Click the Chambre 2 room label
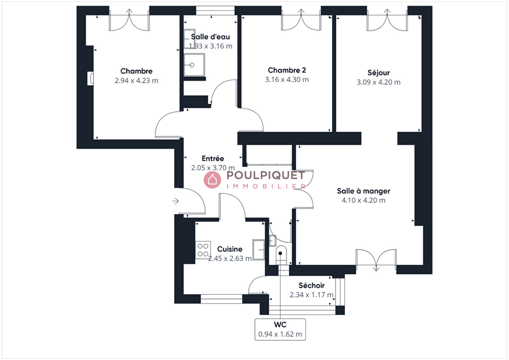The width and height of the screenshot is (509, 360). [x=287, y=70]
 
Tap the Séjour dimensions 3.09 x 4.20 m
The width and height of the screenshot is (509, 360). [x=378, y=82]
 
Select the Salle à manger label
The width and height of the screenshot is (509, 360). [x=363, y=191]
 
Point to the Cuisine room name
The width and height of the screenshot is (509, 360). [x=230, y=249]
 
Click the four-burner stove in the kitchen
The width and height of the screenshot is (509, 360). [x=203, y=250]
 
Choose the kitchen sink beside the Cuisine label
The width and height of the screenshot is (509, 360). [x=259, y=250]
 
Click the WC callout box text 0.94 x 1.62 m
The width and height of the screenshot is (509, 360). [x=280, y=334]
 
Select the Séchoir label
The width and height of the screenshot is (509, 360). [x=311, y=286]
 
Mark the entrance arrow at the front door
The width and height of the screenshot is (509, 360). [x=175, y=201]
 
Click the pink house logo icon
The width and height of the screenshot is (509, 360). [x=212, y=180]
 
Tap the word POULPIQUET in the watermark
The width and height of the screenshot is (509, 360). [x=266, y=175]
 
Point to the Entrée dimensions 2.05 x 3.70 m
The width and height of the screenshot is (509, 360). [x=213, y=168]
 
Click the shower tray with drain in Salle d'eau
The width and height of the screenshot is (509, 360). [x=194, y=65]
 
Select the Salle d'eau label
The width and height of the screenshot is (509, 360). [x=210, y=37]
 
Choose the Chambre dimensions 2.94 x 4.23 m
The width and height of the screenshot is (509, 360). [x=136, y=81]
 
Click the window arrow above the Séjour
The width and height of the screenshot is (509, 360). [x=387, y=12]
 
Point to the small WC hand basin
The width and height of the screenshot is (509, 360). [x=272, y=241]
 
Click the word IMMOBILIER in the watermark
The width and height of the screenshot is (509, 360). [x=266, y=187]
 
